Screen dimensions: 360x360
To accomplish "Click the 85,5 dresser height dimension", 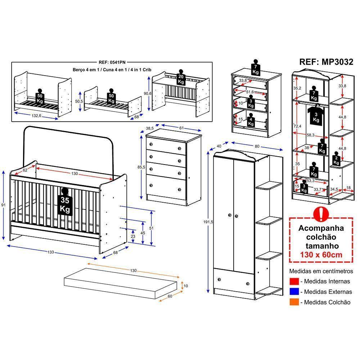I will pyautogui.click(x=141, y=167).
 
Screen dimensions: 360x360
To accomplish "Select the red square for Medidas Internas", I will pyautogui.click(x=294, y=282).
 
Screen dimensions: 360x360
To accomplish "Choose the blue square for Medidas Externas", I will pyautogui.click(x=294, y=292).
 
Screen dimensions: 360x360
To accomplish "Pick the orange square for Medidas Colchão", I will pyautogui.click(x=294, y=302).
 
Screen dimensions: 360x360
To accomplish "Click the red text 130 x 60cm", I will pyautogui.click(x=321, y=255).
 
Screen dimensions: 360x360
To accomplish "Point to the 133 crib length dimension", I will pyautogui.click(x=51, y=252).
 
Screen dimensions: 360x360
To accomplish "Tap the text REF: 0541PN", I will pyautogui.click(x=112, y=62).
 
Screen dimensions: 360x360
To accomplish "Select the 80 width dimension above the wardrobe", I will pyautogui.click(x=257, y=147).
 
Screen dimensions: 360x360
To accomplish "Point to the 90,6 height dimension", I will pyautogui.click(x=148, y=93).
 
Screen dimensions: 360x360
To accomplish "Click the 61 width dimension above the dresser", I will pyautogui.click(x=181, y=128).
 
